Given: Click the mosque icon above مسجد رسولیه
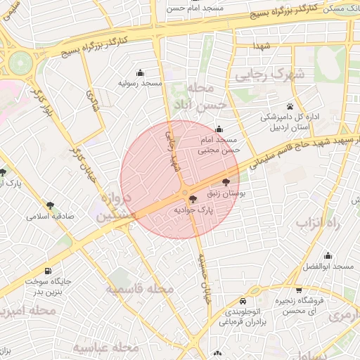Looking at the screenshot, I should pyautogui.click(x=140, y=72).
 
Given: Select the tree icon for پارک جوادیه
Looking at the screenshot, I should pyautogui.click(x=193, y=200).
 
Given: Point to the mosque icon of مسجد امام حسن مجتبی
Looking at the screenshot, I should pyautogui.click(x=219, y=129).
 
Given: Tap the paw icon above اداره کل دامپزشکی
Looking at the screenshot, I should pyautogui.click(x=270, y=106).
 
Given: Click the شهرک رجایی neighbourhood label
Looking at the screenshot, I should pyautogui.click(x=263, y=74).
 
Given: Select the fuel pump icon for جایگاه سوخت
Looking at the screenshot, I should pyautogui.click(x=47, y=271).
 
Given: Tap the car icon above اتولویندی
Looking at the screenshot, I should pyautogui.click(x=243, y=297).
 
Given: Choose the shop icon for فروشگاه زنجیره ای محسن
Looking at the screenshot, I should pyautogui.click(x=299, y=290).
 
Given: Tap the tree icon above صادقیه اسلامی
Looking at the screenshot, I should pyautogui.click(x=50, y=205).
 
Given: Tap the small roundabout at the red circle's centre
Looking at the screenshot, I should pyautogui.click(x=184, y=193).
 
